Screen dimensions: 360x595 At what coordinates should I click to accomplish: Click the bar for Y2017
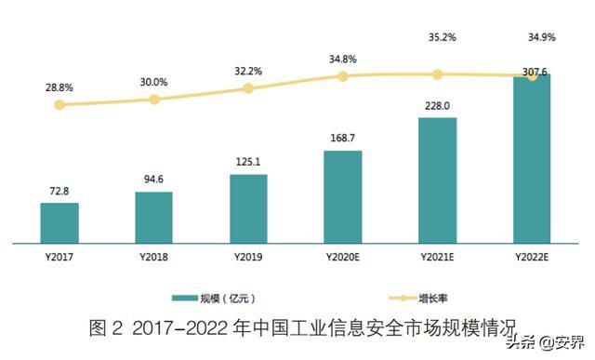pos(59,223)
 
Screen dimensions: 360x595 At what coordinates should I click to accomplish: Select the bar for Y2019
pos(248,209)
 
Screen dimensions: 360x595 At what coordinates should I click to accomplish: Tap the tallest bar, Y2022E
pos(532,159)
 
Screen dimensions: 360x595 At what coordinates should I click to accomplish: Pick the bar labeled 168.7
pos(343,196)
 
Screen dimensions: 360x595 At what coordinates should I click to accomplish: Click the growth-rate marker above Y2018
pos(154,99)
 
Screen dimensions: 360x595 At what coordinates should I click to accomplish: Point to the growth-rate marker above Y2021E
pos(437,73)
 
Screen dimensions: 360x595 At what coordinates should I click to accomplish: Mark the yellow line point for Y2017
pos(59,105)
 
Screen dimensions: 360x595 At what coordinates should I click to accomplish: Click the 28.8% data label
pos(59,86)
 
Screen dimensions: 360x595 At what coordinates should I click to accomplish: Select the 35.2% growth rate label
pos(437,39)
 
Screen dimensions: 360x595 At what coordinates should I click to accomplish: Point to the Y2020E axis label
pos(343,258)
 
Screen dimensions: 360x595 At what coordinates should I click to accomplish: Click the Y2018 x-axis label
pos(153,258)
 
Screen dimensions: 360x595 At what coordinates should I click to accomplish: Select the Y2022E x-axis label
pos(532,258)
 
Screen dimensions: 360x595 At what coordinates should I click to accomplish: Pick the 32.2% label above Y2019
pos(248,70)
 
